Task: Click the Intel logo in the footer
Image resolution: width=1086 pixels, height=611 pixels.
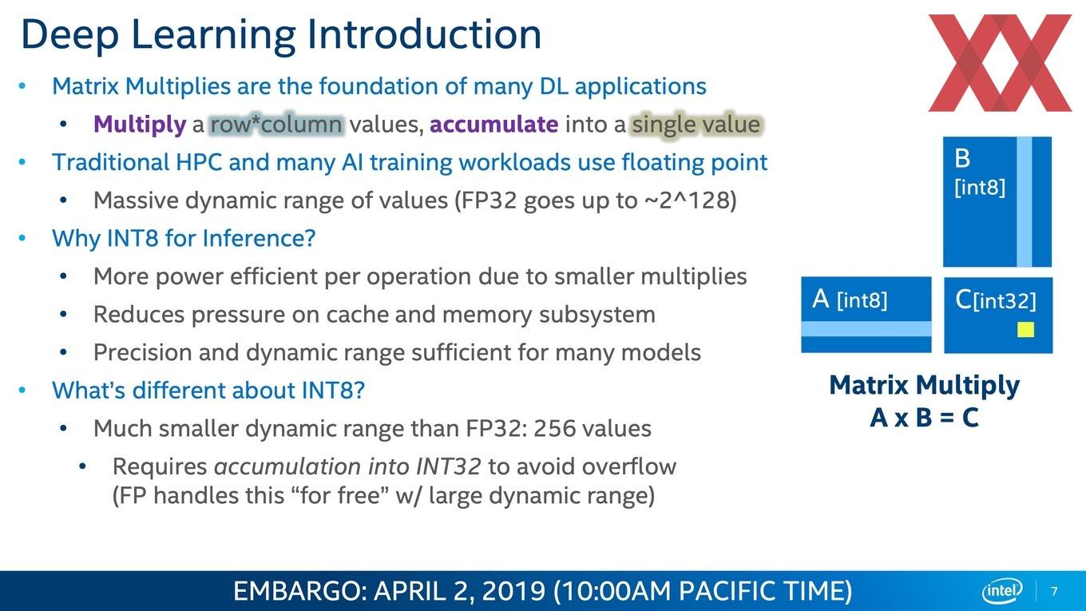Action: pyautogui.click(x=1002, y=591)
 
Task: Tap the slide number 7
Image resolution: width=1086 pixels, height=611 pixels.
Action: pyautogui.click(x=1055, y=591)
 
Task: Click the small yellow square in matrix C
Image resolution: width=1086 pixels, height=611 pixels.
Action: pyautogui.click(x=1025, y=330)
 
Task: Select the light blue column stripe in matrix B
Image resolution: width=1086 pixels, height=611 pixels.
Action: pyautogui.click(x=1024, y=202)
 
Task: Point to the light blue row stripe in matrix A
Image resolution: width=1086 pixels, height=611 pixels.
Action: pyautogui.click(x=866, y=329)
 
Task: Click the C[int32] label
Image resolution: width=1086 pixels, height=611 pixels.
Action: pyautogui.click(x=995, y=300)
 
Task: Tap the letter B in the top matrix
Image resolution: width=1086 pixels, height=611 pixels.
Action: pyautogui.click(x=962, y=159)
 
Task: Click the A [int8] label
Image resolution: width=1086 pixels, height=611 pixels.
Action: pyautogui.click(x=850, y=300)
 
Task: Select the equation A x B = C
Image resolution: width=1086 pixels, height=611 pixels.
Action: pyautogui.click(x=924, y=417)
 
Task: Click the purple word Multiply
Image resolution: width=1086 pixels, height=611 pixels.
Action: pyautogui.click(x=140, y=125)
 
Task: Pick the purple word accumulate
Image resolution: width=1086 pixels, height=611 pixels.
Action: pyautogui.click(x=493, y=125)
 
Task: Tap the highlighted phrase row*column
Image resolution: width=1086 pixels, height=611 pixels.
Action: pyautogui.click(x=277, y=125)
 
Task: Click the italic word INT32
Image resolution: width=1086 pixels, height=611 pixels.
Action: pyautogui.click(x=448, y=466)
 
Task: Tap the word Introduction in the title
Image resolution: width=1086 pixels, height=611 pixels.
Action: pyautogui.click(x=424, y=34)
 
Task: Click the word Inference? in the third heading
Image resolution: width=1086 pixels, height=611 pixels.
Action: pyautogui.click(x=259, y=239)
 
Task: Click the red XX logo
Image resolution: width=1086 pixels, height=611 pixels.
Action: pyautogui.click(x=1000, y=63)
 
